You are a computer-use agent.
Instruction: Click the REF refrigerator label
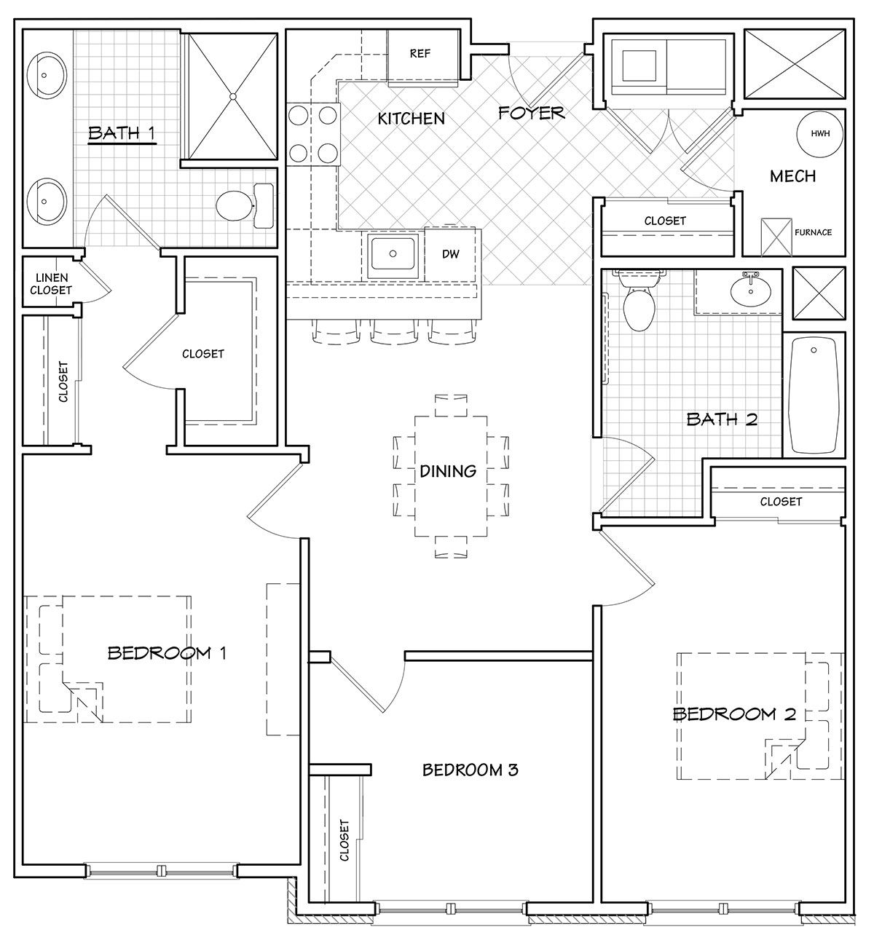[420, 54]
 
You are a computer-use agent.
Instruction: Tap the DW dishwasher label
[451, 254]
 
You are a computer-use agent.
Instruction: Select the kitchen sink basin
[393, 253]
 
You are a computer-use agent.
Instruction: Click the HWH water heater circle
[820, 134]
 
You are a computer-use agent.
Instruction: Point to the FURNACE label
[813, 232]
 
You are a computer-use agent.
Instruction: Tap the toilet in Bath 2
[639, 299]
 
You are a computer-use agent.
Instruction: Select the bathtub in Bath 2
[814, 395]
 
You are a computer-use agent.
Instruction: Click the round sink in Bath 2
[750, 291]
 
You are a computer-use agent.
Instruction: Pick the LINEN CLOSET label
[51, 284]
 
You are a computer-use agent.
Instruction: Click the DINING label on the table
[448, 471]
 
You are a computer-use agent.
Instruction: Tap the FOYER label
[531, 113]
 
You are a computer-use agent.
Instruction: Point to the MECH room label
[792, 176]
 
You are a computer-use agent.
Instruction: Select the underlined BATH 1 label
[122, 133]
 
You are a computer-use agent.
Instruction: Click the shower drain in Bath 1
[232, 96]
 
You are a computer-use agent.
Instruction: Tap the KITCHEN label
[411, 119]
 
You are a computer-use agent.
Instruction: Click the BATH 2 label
[722, 419]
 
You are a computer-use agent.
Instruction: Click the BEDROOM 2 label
[734, 714]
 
